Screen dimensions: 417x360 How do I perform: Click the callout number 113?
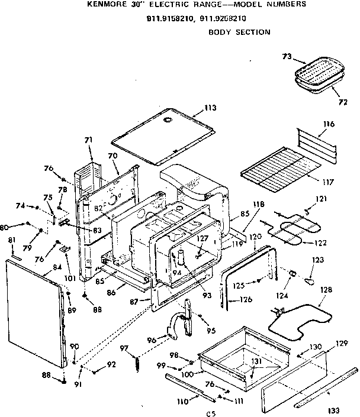click(210, 108)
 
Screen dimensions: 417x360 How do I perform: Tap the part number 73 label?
click(287, 57)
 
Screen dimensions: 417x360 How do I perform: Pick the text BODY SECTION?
click(240, 32)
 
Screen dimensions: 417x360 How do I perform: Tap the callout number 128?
click(326, 290)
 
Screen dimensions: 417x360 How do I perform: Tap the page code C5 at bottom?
click(210, 413)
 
